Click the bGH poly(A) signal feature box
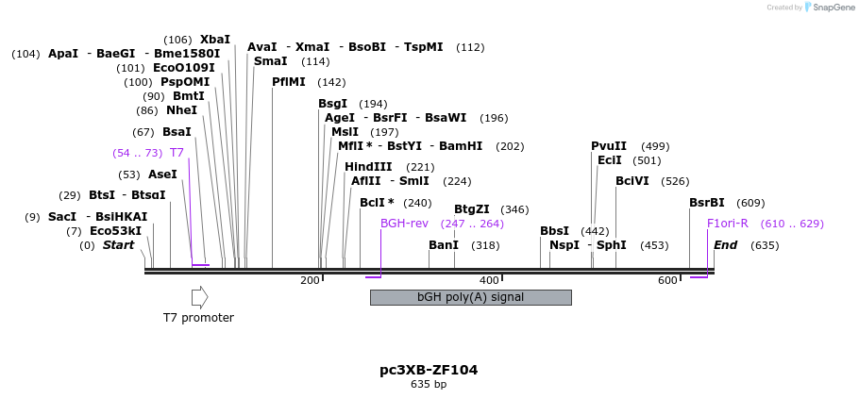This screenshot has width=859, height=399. point(470,297)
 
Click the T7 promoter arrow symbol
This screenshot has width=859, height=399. point(199,297)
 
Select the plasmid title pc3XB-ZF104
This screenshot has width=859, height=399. point(429,370)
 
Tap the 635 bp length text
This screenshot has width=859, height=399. point(429,385)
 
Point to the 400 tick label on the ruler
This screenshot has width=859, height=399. point(489,280)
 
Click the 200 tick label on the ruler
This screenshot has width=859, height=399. point(310,280)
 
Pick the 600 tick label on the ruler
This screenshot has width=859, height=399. point(667,280)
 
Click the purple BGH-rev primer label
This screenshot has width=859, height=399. point(404,224)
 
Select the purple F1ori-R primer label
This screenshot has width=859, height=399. point(728,224)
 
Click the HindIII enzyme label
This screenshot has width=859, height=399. point(368,167)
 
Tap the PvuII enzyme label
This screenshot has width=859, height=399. point(609,146)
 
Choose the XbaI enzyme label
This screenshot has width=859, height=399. point(215,40)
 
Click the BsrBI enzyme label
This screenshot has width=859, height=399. point(707,203)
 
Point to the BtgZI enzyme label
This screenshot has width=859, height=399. point(472,209)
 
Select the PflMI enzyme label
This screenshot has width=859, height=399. point(289,82)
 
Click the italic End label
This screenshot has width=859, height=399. point(725,245)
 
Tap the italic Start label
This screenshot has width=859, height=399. point(118,245)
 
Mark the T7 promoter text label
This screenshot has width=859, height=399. point(198,318)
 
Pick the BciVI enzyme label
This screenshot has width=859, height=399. point(632,181)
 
